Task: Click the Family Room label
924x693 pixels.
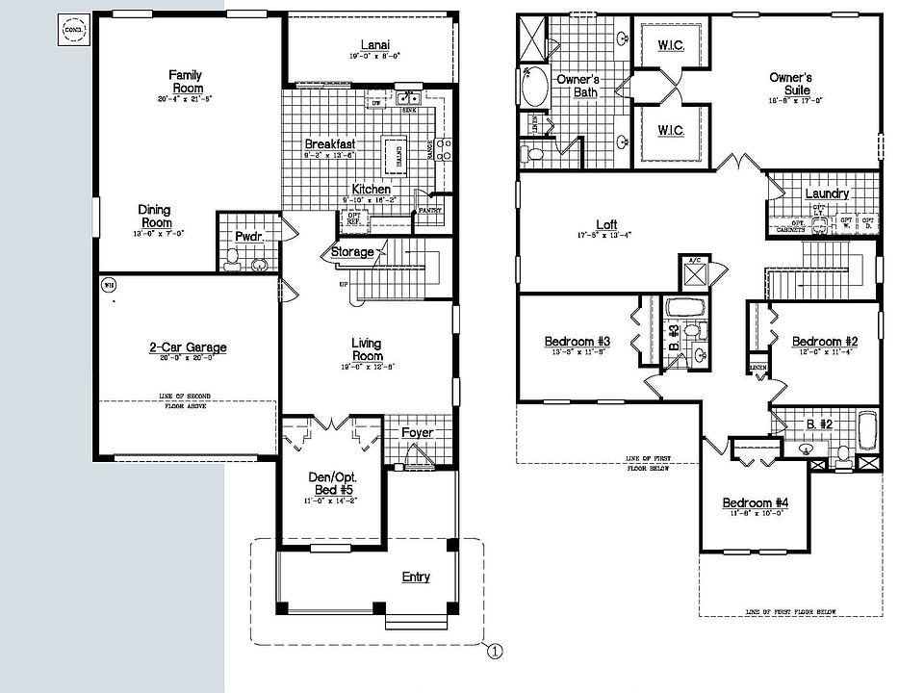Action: pos(185,82)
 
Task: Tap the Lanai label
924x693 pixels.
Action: pos(374,45)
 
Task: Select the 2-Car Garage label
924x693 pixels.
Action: pos(188,347)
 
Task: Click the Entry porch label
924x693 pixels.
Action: pos(416,577)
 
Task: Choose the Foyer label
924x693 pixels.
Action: pos(417,433)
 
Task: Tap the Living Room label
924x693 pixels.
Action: pos(366,349)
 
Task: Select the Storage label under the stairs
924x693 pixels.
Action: pos(352,252)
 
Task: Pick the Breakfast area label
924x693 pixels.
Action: pos(330,144)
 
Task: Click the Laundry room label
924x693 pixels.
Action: pos(827,193)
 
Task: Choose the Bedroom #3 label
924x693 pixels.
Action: pos(577,342)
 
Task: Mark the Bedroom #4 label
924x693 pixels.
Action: pos(756,503)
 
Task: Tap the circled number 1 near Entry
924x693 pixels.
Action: pos(495,651)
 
